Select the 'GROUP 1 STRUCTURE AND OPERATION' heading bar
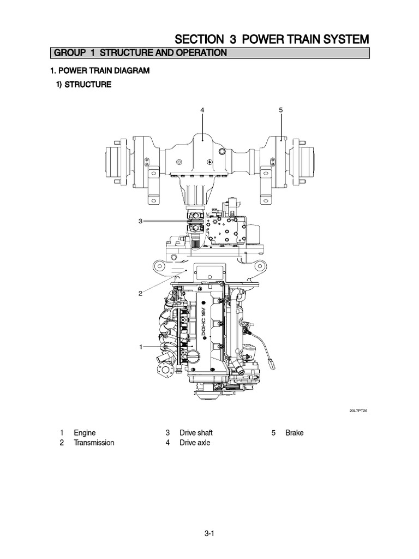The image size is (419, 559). [x=138, y=53]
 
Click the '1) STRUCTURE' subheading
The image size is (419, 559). [x=85, y=85]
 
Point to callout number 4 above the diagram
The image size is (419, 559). [x=202, y=110]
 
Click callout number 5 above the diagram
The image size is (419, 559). [x=281, y=110]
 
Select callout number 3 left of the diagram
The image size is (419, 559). [x=140, y=221]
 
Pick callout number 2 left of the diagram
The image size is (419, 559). [x=140, y=293]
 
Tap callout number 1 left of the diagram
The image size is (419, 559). [x=140, y=347]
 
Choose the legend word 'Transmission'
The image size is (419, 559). [x=94, y=443]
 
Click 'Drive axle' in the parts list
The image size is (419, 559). [x=195, y=443]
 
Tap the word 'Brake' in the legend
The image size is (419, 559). [x=294, y=433]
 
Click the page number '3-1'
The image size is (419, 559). [x=209, y=536]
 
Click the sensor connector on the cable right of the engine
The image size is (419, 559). [x=271, y=361]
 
